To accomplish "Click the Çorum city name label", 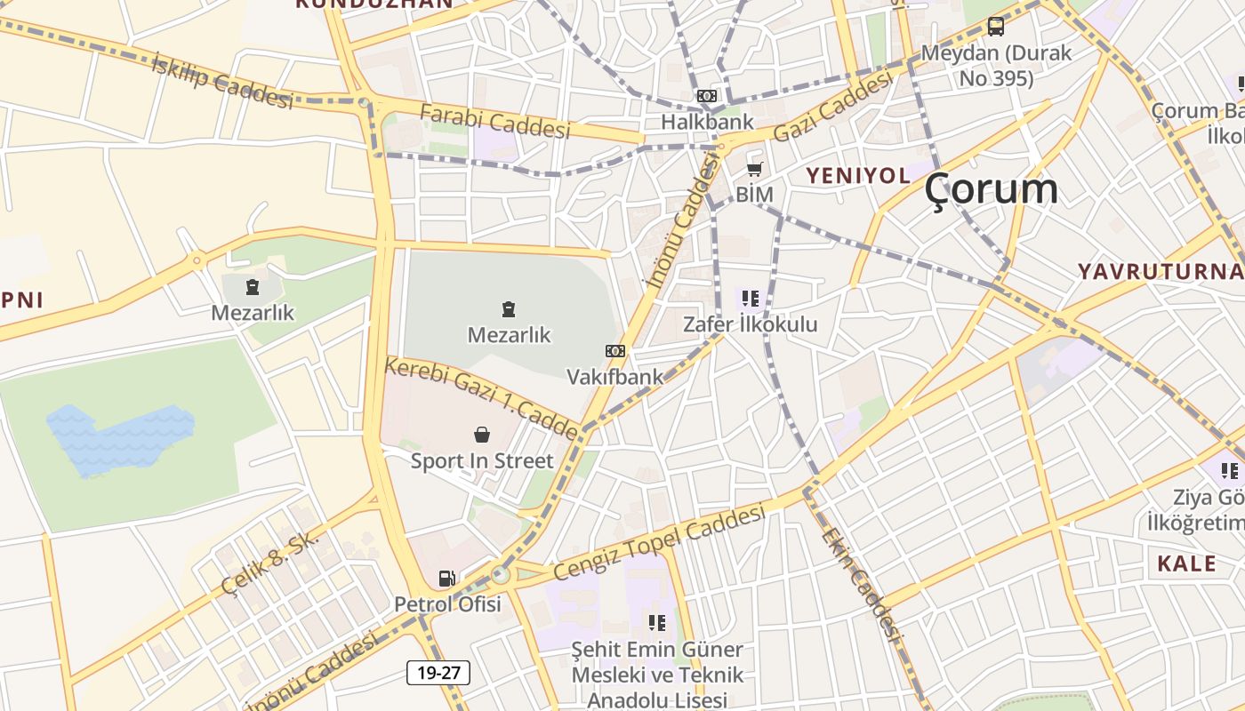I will pos(991,189).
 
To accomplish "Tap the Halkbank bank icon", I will pos(707,96).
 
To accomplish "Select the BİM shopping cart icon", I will pos(755,169).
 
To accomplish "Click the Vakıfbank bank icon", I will pos(615,351).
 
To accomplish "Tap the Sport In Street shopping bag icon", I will pos(482,435).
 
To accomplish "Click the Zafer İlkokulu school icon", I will pos(750,299).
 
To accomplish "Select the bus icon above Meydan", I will pos(996,27).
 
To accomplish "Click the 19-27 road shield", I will pos(438,673).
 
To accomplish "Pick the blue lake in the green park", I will pos(119,439).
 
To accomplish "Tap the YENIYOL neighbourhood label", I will pos(858,175).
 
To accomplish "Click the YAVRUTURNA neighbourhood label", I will pos(1161,271).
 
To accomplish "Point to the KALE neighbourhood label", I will pos(1186,563).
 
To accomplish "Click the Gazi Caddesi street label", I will pos(832,107).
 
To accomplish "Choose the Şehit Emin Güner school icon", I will pos(657,623).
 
